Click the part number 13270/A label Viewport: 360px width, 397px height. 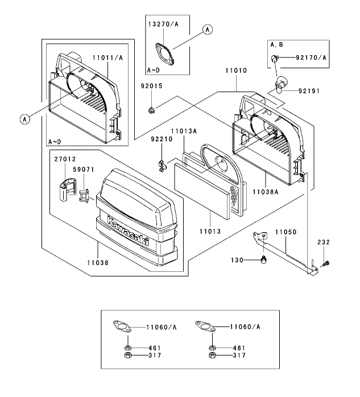point(163,24)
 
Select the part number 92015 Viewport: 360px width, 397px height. point(152,86)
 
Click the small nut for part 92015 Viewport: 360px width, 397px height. point(151,110)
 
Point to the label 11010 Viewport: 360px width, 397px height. point(236,71)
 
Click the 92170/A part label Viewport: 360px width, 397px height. point(311,57)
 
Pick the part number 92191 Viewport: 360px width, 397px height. point(309,91)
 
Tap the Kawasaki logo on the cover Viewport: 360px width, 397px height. point(129,231)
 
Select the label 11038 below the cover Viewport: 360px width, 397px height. point(98,263)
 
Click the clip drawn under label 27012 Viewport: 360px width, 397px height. point(68,189)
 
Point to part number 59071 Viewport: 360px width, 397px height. point(84,169)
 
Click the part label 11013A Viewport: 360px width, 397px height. point(184,131)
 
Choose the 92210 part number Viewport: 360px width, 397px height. point(162,139)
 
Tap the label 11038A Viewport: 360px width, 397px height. point(266,192)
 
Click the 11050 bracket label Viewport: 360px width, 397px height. point(286,232)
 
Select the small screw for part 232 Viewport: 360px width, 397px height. point(326,264)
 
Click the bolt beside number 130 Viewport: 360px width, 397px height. point(263,259)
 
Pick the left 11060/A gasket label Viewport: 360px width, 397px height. point(162,328)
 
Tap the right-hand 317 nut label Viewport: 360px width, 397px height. point(239,355)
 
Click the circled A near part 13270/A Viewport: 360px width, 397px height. point(208,30)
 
